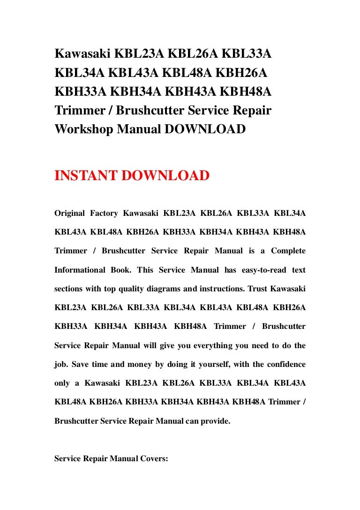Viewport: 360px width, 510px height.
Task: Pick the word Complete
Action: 287,251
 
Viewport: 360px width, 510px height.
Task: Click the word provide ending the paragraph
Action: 216,421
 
